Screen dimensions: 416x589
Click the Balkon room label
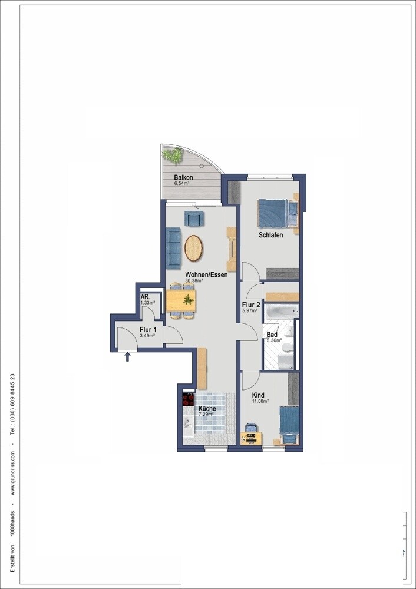[183, 177]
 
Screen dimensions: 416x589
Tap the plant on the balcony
[173, 154]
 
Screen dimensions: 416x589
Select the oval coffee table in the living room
[193, 247]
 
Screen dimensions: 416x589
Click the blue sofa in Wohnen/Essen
[174, 247]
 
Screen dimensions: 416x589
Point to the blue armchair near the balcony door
[194, 219]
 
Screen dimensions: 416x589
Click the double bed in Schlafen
[278, 213]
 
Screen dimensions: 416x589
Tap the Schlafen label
[270, 235]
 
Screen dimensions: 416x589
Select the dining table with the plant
[181, 300]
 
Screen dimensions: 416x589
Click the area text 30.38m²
[194, 280]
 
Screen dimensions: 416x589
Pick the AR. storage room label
[145, 297]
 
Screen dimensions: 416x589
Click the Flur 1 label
[148, 330]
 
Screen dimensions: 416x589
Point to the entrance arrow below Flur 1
[127, 356]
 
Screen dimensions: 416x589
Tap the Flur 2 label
[251, 305]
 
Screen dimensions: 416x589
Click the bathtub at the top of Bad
[281, 311]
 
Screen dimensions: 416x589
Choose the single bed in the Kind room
[289, 425]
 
